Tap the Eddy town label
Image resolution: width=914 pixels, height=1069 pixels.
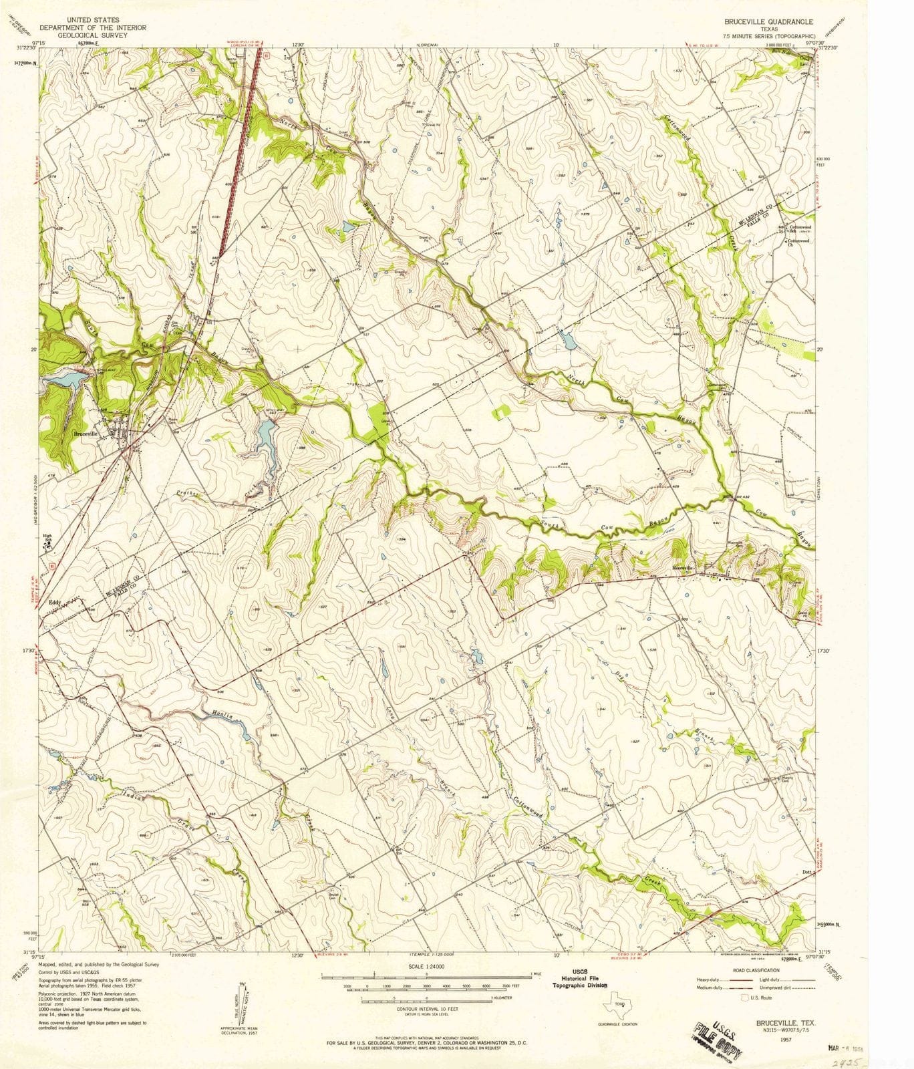pos(55,601)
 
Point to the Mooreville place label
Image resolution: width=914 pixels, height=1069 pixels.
pos(683,569)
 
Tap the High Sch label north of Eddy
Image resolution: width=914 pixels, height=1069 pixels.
pos(47,535)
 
